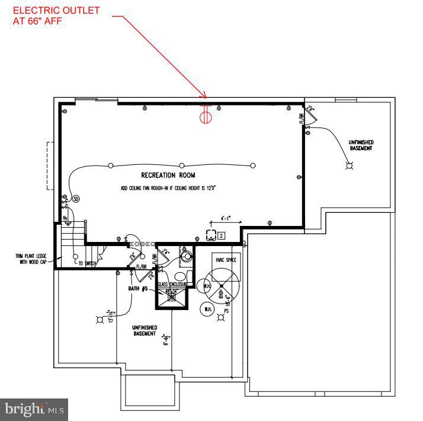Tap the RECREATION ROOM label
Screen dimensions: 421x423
click(168, 176)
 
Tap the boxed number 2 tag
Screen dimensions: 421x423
click(220, 235)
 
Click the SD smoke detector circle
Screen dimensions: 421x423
click(75, 200)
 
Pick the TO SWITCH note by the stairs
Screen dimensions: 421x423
click(86, 263)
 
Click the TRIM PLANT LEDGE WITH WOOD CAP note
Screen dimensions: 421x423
click(31, 259)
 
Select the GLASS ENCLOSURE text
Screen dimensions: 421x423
click(172, 285)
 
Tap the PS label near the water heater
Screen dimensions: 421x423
click(226, 311)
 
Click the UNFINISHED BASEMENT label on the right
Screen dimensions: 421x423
click(361, 145)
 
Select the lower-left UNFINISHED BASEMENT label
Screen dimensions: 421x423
click(143, 330)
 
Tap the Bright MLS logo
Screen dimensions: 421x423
click(34, 409)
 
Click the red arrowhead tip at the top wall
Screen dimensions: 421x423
click(205, 97)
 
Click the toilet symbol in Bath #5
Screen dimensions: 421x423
click(180, 276)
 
